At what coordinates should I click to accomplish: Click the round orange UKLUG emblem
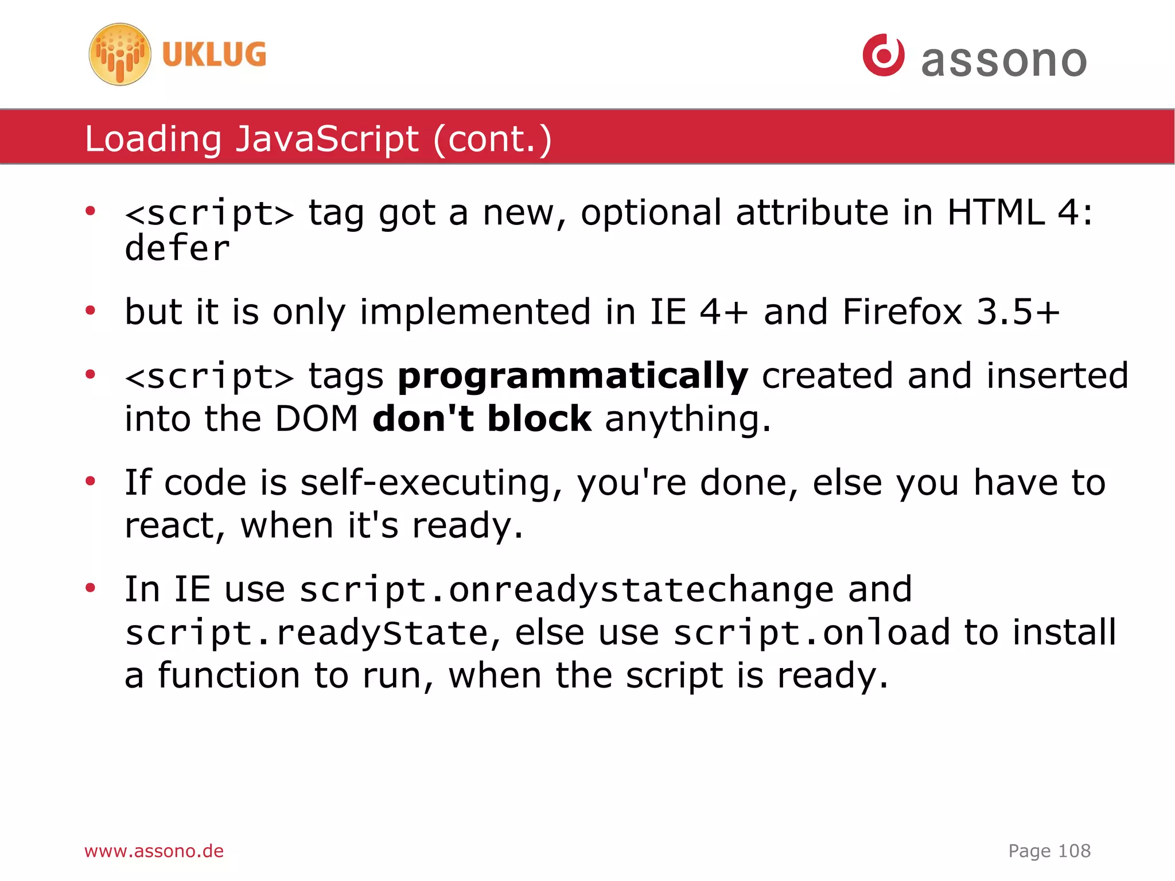(120, 55)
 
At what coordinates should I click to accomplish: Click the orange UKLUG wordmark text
(214, 55)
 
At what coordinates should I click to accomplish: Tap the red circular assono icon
(884, 55)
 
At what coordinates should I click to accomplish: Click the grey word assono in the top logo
(1003, 61)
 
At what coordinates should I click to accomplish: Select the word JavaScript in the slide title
(327, 139)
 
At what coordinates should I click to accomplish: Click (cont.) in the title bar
(493, 139)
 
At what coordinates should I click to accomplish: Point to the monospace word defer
(177, 249)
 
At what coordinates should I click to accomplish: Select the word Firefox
(902, 312)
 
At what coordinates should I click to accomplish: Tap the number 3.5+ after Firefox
(1018, 312)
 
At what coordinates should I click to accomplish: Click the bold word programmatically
(573, 377)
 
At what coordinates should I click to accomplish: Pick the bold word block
(539, 418)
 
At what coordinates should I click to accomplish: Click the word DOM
(317, 418)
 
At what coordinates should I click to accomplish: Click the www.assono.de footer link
(154, 851)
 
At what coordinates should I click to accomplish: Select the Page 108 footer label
(1049, 851)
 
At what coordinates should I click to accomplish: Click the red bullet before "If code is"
(90, 480)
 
